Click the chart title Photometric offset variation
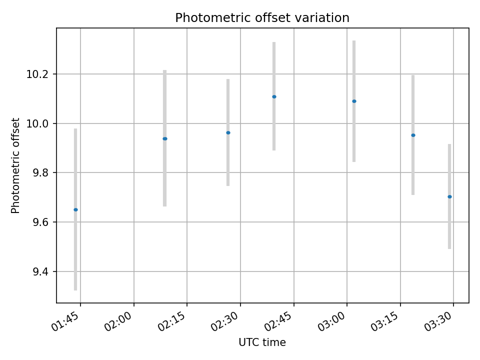pos(262,18)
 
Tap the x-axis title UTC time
pos(262,342)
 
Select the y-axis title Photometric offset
pos(15,165)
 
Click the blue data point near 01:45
pos(75,209)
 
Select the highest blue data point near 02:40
pos(274,96)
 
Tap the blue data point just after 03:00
pos(354,101)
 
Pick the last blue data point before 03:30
pos(449,196)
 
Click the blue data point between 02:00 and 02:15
pos(164,138)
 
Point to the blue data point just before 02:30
pos(228,132)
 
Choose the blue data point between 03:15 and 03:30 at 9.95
pos(413,135)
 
